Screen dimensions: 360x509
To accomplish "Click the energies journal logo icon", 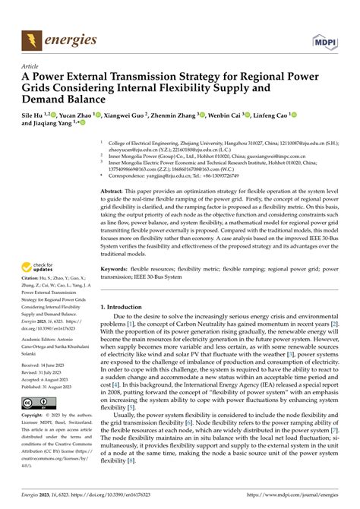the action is click(30, 38).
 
